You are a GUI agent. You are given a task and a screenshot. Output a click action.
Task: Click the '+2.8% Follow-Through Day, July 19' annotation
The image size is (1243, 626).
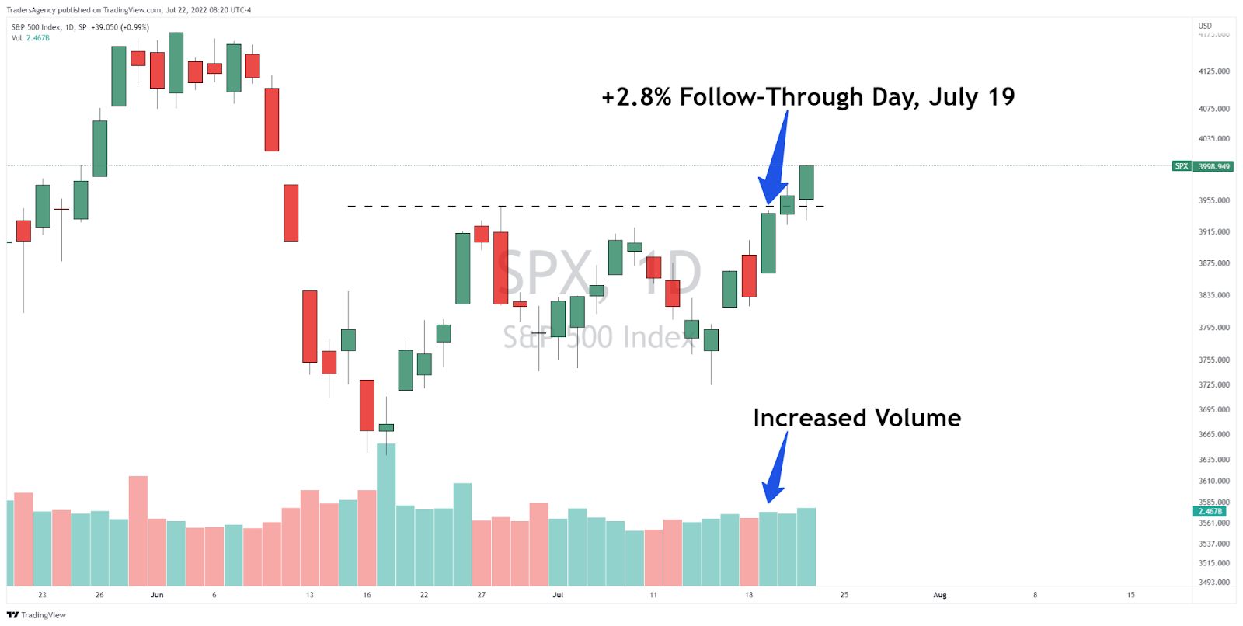click(808, 97)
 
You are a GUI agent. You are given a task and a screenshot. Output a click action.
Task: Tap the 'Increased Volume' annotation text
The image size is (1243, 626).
click(857, 418)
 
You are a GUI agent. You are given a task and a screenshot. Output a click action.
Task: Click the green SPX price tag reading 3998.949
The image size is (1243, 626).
click(1213, 166)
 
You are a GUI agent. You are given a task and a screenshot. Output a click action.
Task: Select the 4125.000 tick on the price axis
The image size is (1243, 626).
click(1213, 71)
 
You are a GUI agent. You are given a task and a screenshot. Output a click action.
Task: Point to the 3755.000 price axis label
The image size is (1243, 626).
click(1213, 360)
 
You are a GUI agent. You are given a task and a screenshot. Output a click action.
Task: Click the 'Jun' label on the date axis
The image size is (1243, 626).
click(157, 595)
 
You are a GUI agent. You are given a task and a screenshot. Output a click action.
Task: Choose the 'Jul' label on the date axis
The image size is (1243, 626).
click(558, 595)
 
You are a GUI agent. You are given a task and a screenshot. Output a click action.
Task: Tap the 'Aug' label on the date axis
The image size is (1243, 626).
click(939, 595)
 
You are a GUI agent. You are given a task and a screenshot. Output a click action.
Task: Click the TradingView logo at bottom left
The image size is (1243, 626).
click(37, 615)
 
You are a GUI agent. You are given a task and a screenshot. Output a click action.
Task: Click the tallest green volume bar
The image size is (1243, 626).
click(386, 514)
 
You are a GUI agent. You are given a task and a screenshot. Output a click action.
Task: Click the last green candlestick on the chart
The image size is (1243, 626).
click(806, 183)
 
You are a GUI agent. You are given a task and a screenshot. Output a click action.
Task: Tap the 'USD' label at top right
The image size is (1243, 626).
click(1205, 26)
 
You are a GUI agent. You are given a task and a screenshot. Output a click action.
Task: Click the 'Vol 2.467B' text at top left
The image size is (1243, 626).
click(30, 38)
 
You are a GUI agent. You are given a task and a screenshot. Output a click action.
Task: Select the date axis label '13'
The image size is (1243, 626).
click(309, 595)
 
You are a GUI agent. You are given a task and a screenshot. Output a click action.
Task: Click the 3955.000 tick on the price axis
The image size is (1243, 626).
click(1213, 200)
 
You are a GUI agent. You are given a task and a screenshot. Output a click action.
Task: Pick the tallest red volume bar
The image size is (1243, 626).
click(138, 530)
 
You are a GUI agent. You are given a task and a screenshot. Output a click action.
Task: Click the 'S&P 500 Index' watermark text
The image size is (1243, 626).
click(598, 337)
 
